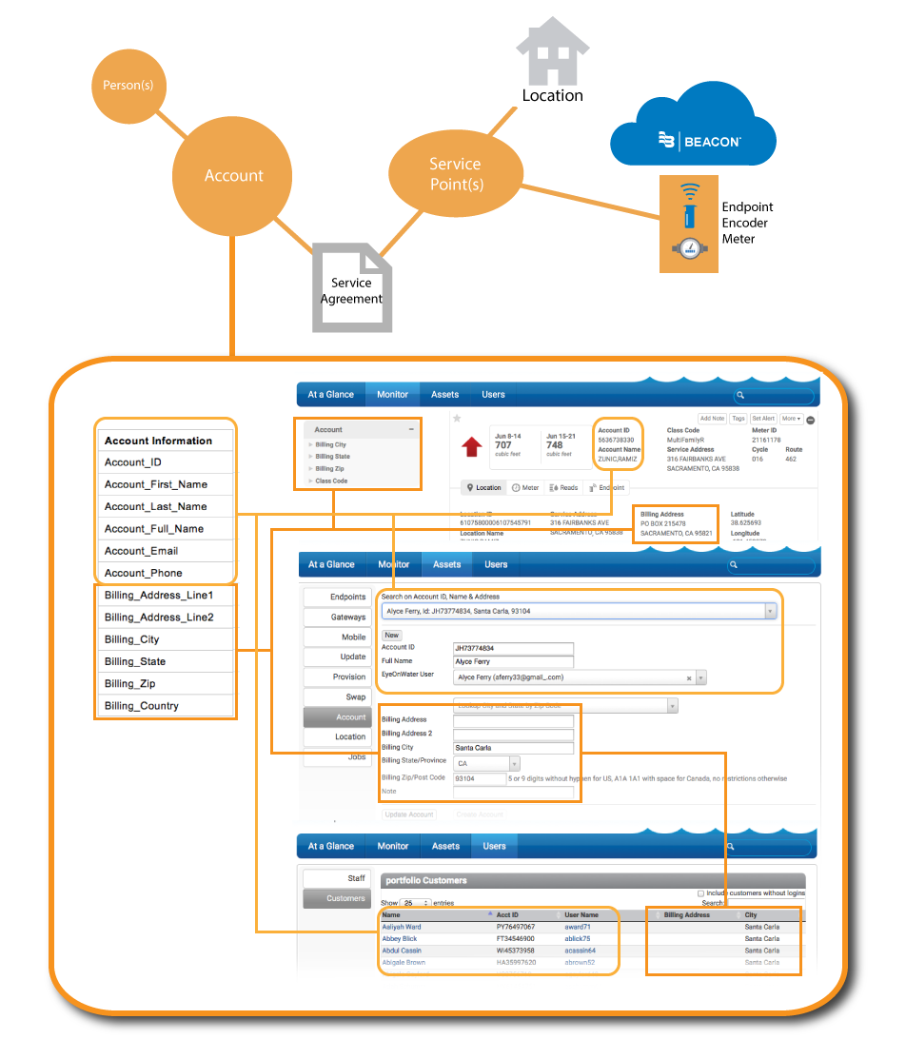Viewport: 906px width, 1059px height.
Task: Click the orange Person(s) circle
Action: pyautogui.click(x=128, y=86)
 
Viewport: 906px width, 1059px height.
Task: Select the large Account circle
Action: pyautogui.click(x=233, y=176)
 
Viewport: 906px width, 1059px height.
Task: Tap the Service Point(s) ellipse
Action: pyautogui.click(x=456, y=173)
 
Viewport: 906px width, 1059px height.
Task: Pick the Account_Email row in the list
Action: pyautogui.click(x=166, y=551)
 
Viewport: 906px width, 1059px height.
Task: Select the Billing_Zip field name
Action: pyautogui.click(x=166, y=683)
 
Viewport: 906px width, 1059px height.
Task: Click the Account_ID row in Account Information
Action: pyautogui.click(x=166, y=462)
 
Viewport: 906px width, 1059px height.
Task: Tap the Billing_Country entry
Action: pyautogui.click(x=166, y=705)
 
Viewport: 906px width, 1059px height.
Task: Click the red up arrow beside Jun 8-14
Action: pyautogui.click(x=470, y=447)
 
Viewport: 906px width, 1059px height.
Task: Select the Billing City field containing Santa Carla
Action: pyautogui.click(x=513, y=748)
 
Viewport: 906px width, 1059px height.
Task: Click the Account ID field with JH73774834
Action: pyautogui.click(x=513, y=648)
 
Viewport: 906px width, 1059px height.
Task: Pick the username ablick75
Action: pyautogui.click(x=578, y=938)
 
